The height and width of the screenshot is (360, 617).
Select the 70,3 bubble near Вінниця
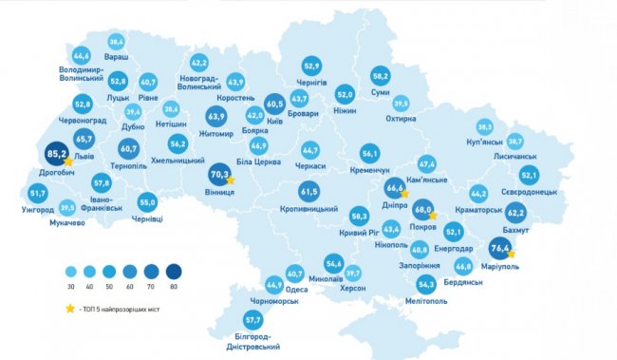click(219, 174)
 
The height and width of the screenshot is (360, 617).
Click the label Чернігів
click(311, 84)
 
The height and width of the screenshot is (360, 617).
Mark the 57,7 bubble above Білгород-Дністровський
click(252, 319)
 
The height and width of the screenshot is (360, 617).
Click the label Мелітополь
click(426, 301)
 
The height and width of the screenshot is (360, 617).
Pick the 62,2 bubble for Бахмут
click(514, 212)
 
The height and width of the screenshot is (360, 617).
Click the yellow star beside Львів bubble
click(68, 162)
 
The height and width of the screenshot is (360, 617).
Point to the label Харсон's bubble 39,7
click(353, 273)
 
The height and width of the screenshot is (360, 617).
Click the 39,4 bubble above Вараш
click(116, 43)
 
